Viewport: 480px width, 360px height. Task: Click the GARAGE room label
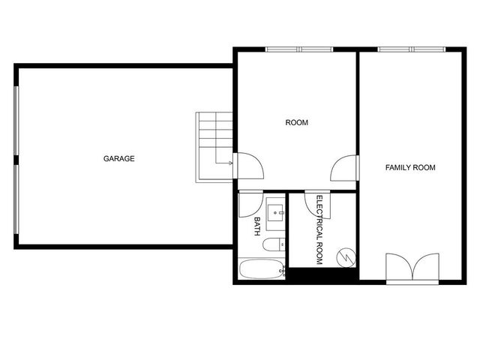pos(118,158)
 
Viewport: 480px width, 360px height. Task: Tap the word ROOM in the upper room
pos(297,122)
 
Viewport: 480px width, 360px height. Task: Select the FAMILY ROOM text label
pos(410,167)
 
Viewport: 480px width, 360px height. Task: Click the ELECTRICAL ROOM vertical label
pos(319,229)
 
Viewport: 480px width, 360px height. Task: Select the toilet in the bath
pos(273,243)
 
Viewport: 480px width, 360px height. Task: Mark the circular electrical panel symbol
pos(345,256)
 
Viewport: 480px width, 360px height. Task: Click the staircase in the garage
pos(215,146)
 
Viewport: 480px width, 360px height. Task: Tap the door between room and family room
pos(346,166)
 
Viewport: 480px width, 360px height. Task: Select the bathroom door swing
pos(249,204)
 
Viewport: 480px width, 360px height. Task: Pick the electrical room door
pos(313,202)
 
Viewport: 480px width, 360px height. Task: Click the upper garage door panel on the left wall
pos(15,122)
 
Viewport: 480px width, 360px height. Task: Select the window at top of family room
pos(412,49)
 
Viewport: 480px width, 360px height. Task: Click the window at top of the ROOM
pos(299,49)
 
